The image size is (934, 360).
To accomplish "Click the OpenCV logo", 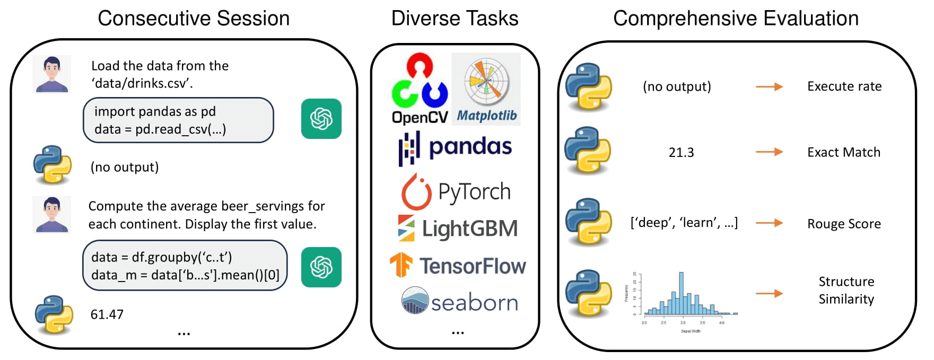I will pyautogui.click(x=420, y=89).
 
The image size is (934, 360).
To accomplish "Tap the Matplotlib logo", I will pyautogui.click(x=486, y=89).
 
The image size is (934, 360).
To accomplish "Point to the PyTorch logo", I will pyautogui.click(x=456, y=191).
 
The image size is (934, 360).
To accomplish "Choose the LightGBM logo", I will pyautogui.click(x=457, y=229).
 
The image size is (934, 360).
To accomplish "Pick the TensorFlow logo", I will pyautogui.click(x=457, y=266).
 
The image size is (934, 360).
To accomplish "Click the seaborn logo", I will pyautogui.click(x=459, y=302).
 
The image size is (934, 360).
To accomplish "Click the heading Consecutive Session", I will pyautogui.click(x=194, y=19).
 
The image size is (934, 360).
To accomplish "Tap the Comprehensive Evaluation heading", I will pyautogui.click(x=736, y=19).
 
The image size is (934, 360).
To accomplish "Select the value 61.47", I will pyautogui.click(x=107, y=314).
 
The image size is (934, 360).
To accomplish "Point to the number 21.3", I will pyautogui.click(x=681, y=153).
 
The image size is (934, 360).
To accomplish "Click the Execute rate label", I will pyautogui.click(x=844, y=86).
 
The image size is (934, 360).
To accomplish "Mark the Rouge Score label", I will pyautogui.click(x=844, y=224).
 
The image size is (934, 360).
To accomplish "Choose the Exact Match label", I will pyautogui.click(x=843, y=153).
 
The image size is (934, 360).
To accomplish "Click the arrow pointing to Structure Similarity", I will pyautogui.click(x=769, y=293).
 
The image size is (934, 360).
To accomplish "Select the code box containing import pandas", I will pyautogui.click(x=178, y=120).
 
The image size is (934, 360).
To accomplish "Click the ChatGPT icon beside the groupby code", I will pyautogui.click(x=321, y=267).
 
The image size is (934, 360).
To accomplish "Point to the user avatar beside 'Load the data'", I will pyautogui.click(x=51, y=74).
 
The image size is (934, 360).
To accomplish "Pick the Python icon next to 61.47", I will pyautogui.click(x=54, y=314).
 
